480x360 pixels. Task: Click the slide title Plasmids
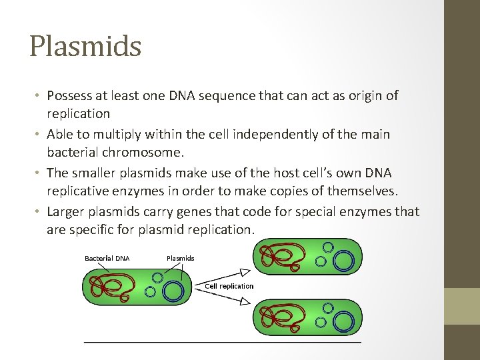(85, 47)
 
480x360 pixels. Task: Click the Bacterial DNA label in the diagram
(107, 258)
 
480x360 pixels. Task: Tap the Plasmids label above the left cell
(180, 258)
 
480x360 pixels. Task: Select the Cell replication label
(229, 286)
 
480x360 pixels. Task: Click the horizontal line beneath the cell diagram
(222, 342)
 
